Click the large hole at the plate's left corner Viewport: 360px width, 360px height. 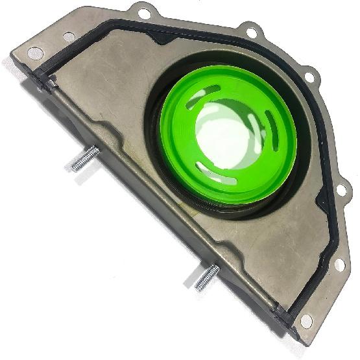click(x=36, y=52)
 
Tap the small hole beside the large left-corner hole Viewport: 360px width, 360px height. click(x=69, y=37)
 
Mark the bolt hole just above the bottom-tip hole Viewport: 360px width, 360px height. click(x=339, y=265)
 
